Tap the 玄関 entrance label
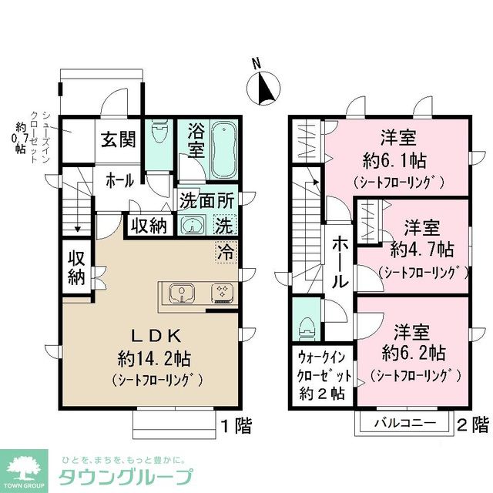[x=118, y=139]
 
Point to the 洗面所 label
[x=206, y=199]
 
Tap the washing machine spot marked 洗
[x=224, y=226]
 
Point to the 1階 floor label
[x=235, y=424]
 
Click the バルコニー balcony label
[x=405, y=424]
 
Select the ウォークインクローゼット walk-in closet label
[x=322, y=373]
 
